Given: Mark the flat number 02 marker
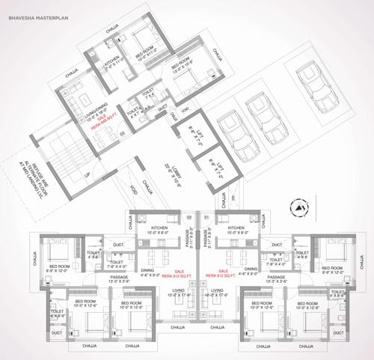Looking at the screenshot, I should pos(190,217).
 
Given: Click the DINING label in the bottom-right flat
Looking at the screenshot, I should pos(251,271).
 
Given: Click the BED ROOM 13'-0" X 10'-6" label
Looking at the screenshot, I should pos(182,65).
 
